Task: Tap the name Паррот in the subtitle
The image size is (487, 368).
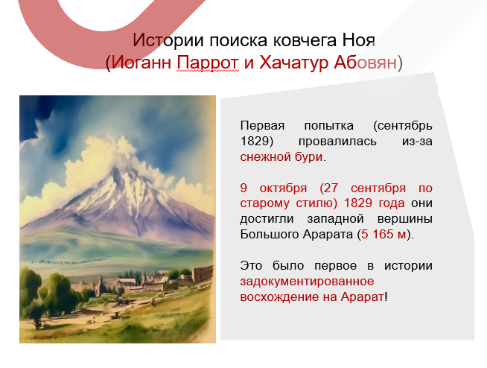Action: click(208, 63)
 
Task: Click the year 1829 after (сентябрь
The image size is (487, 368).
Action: click(254, 141)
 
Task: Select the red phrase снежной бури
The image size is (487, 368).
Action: click(282, 157)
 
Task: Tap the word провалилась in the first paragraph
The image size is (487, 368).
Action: click(341, 141)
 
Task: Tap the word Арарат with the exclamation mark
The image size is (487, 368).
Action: click(363, 297)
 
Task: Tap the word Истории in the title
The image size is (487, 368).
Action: click(162, 40)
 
